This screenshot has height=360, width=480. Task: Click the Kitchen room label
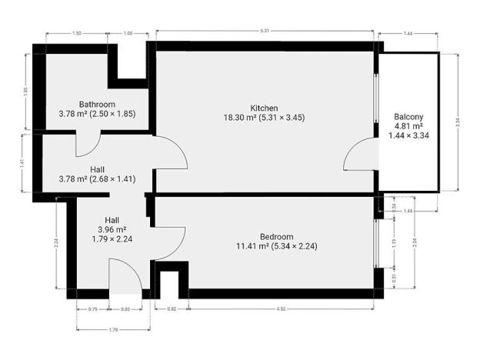coord(264,108)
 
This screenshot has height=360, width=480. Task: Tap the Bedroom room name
coord(275,236)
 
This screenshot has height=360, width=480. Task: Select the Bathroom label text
coord(97,105)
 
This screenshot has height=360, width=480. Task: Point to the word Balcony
coord(408,117)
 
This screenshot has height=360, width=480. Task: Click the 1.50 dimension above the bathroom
coord(76,34)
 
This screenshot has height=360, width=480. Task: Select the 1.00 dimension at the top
coord(128,34)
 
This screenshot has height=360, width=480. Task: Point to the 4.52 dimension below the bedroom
coord(282,309)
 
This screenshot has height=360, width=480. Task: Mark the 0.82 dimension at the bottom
coord(172,309)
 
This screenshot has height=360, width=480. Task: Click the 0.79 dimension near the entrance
coord(93,309)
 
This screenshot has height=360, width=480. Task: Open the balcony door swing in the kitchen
coord(358,158)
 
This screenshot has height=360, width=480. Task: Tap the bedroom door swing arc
coord(169,242)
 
